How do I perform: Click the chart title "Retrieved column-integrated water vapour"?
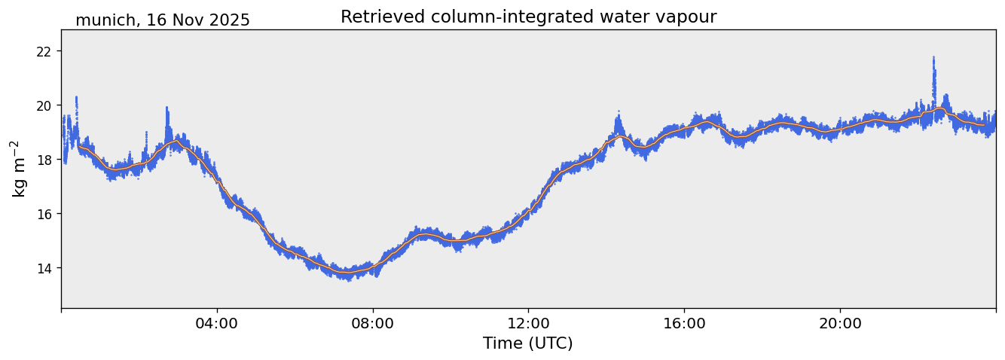[528, 17]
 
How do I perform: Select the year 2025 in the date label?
[229, 20]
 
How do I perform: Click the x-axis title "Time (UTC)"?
[528, 343]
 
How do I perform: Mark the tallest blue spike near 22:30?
[933, 57]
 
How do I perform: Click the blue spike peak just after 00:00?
[76, 97]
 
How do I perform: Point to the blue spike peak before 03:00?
[166, 108]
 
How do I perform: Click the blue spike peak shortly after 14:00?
[619, 112]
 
